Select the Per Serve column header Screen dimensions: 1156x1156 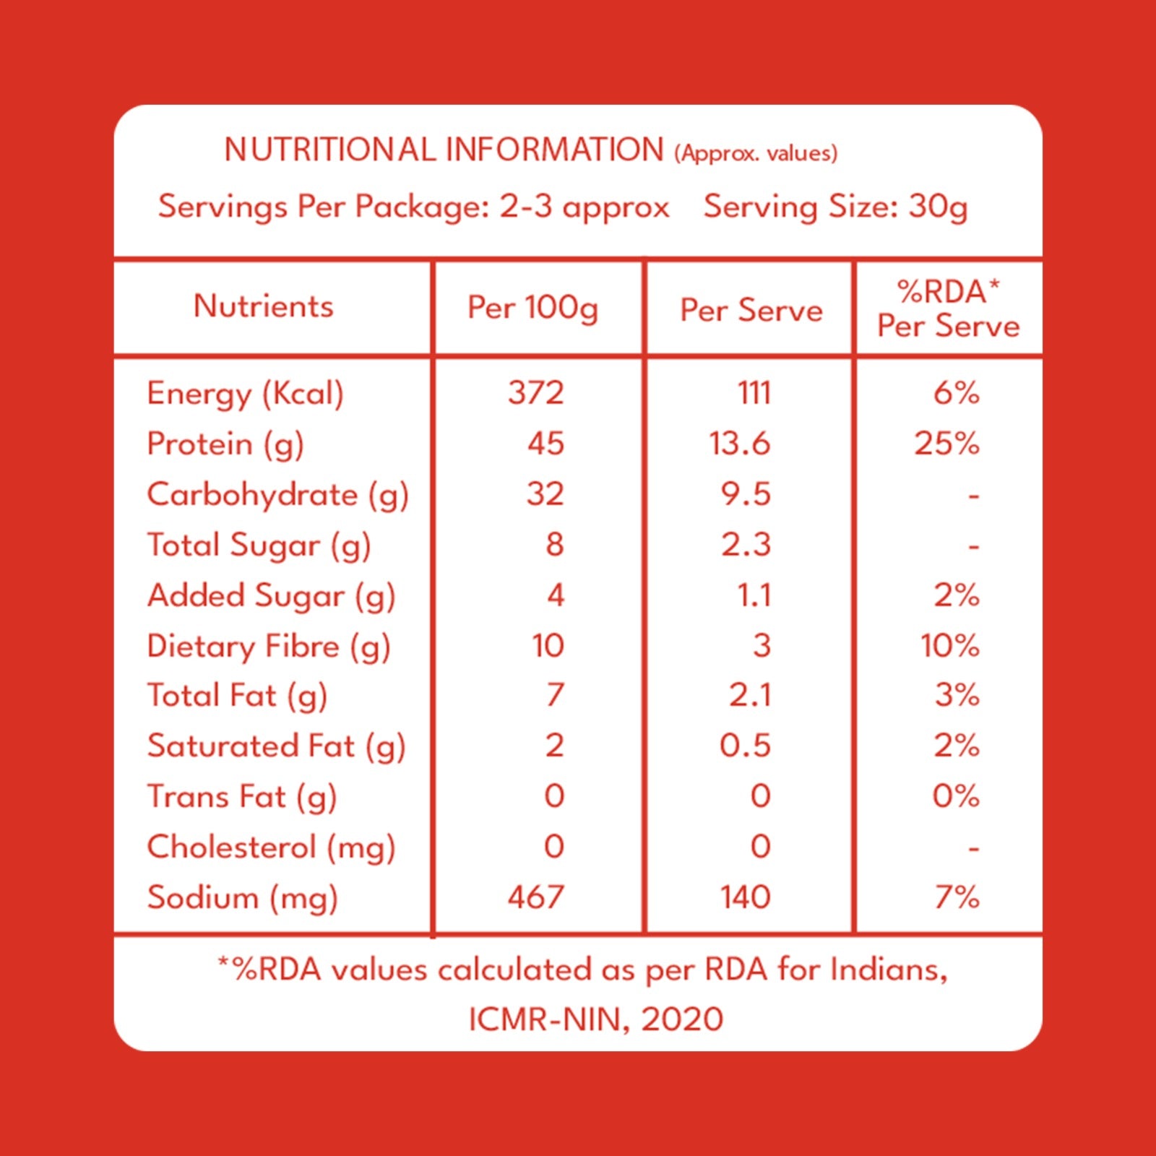point(751,311)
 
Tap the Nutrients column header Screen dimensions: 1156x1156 point(264,306)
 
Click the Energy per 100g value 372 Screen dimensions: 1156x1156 point(535,393)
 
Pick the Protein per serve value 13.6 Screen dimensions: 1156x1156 point(739,443)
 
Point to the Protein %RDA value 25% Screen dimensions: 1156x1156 point(946,443)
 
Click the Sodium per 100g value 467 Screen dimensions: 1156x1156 point(535,897)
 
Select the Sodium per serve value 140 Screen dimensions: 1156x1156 point(745,897)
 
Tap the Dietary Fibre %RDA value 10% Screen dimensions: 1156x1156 point(949,645)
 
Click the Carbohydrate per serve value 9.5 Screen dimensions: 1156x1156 point(746,493)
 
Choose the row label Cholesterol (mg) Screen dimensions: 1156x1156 point(271,848)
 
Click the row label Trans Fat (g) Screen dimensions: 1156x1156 point(242,798)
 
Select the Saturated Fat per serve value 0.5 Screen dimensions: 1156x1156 point(745,746)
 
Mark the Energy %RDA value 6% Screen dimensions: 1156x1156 point(957,393)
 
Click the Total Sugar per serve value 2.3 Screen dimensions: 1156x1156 point(746,544)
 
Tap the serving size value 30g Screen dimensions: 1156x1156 point(938,208)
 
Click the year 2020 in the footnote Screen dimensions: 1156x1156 point(682,1019)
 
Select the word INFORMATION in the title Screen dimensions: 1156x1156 point(554,150)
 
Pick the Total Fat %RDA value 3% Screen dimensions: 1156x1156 point(957,695)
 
